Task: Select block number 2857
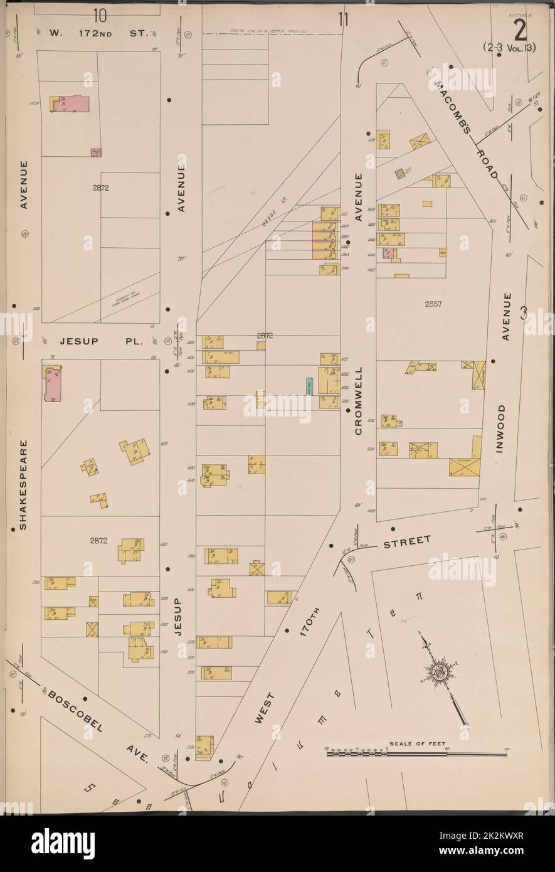[x=433, y=304]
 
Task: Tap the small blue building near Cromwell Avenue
[x=309, y=386]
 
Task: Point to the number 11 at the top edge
[x=342, y=19]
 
